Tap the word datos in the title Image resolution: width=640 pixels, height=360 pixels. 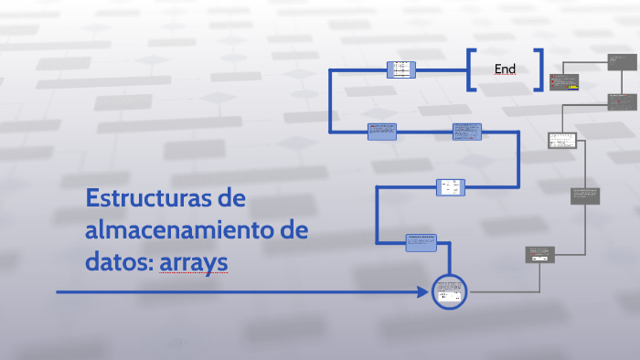(113, 263)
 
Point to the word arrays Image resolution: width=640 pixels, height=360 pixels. (193, 263)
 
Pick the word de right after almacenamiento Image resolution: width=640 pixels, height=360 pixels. (292, 230)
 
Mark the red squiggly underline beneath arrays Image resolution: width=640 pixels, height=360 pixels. (193, 274)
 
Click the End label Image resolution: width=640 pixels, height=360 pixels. (505, 69)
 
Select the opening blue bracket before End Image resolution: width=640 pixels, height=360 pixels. (471, 69)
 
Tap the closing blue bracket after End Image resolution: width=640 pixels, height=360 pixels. (539, 69)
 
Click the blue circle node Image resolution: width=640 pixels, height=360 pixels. (448, 292)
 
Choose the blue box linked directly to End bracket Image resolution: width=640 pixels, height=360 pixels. (401, 69)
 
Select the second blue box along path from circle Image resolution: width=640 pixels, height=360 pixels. (450, 186)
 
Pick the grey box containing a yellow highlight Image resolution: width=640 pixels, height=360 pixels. (565, 81)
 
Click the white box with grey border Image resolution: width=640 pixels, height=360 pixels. (561, 141)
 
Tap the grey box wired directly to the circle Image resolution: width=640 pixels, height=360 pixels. (540, 255)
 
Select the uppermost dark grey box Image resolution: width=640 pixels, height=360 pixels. (622, 61)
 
